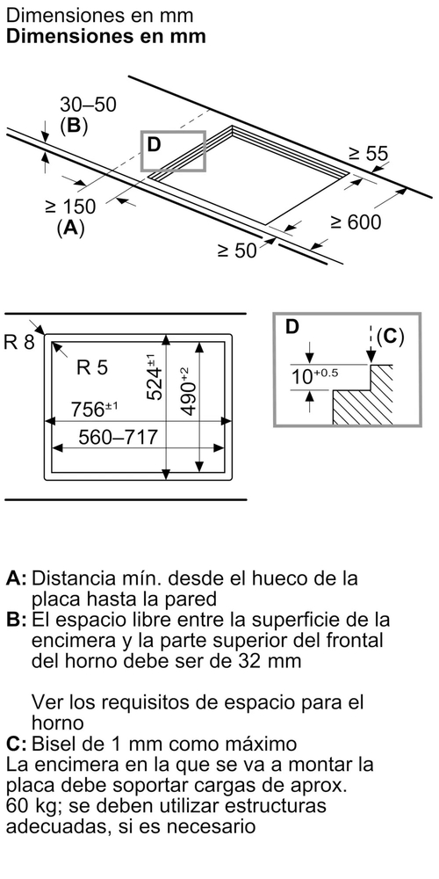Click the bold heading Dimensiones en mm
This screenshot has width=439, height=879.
106,36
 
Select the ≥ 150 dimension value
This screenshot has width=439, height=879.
70,207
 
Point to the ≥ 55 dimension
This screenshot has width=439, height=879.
369,154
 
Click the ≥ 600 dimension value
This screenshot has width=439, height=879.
356,222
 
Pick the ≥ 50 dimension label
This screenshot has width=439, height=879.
237,250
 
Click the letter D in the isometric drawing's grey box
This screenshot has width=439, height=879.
154,145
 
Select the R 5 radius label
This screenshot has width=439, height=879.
91,367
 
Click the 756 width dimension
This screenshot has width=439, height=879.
94,410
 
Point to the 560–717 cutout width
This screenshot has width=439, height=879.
118,437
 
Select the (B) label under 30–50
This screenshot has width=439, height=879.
74,126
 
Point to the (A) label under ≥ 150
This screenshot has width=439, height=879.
70,229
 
